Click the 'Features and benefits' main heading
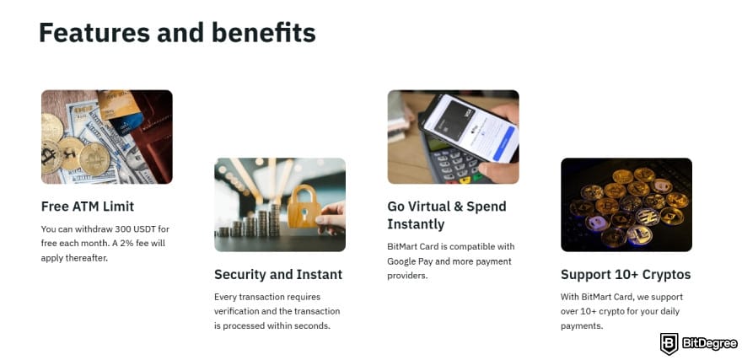point(177,33)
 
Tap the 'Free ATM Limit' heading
point(88,207)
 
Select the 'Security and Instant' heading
point(278,274)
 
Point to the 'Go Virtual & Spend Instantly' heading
point(446,215)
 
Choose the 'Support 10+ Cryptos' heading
point(626,274)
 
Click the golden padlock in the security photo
point(302,207)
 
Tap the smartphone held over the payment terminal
point(468,127)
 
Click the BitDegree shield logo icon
point(669,343)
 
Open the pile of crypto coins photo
point(626,204)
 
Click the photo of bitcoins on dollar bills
point(106,137)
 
